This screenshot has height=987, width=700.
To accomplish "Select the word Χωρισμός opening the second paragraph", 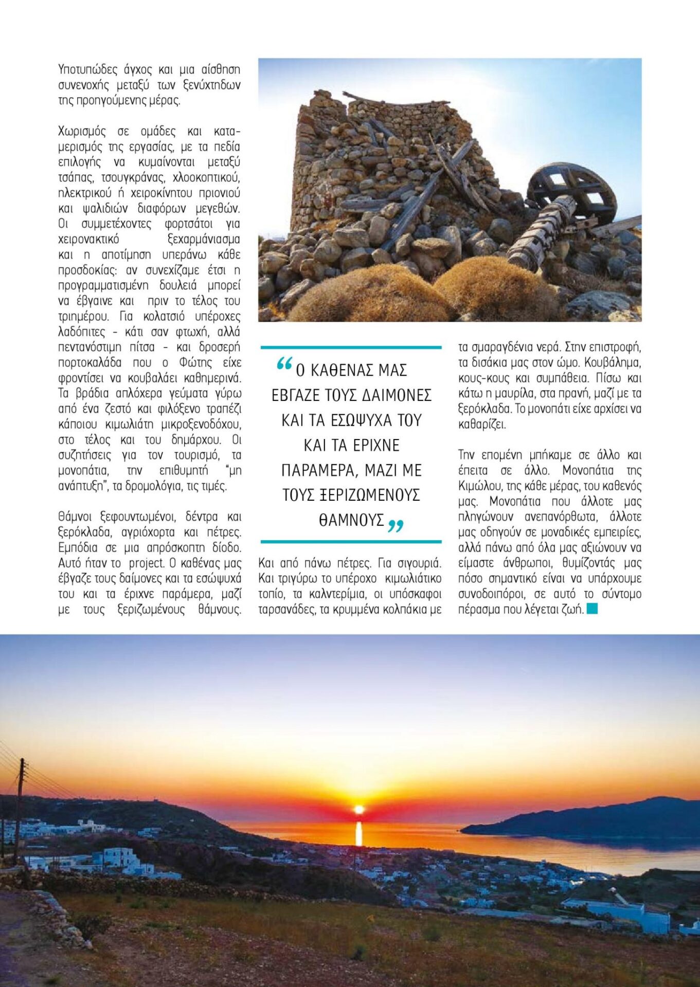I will pos(82,132).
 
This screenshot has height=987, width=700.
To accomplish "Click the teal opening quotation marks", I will pos(284,364).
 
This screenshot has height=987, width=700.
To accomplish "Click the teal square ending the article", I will pos(592,609).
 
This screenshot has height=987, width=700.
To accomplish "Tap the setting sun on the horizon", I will pos(359,810).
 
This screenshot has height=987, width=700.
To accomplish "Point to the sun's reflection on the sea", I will pos(359,833).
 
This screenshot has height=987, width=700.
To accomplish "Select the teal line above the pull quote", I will pos(351,348).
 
